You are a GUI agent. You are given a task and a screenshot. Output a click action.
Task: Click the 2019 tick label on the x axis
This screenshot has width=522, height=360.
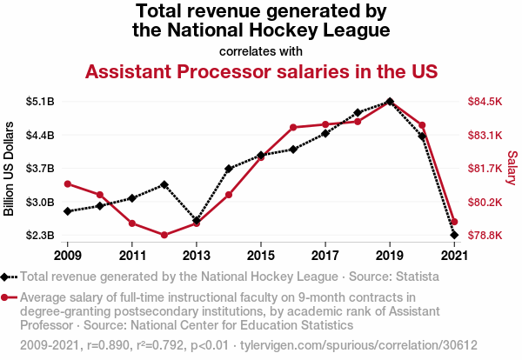coord(389,256)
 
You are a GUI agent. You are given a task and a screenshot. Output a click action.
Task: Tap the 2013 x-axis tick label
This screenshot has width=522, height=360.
coord(197,256)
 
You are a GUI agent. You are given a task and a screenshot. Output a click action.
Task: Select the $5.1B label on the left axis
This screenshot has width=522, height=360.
coord(41,102)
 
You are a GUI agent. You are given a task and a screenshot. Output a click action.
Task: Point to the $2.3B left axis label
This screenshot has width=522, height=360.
coord(41,236)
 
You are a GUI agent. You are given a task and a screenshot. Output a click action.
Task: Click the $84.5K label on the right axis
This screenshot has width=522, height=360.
coord(485,102)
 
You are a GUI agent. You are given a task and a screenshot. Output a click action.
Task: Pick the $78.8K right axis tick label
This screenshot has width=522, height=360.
coord(485,236)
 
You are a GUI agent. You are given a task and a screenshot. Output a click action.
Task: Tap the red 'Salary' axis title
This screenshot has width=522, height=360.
coord(512,168)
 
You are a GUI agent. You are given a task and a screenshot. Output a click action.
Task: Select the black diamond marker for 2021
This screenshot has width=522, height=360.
coord(454,235)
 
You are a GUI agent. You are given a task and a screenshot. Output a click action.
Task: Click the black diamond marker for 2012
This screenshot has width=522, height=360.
coord(164,184)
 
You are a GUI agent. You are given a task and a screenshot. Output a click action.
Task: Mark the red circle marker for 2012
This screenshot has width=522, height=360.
coord(164,235)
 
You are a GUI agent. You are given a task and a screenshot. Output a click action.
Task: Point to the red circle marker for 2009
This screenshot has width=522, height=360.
coord(68,183)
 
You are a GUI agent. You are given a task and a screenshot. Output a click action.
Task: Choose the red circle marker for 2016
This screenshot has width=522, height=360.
coord(293,127)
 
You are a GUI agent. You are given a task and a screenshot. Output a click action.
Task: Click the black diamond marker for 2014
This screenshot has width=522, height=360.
coord(229,169)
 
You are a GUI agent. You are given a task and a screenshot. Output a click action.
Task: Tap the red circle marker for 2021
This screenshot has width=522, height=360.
coord(454,222)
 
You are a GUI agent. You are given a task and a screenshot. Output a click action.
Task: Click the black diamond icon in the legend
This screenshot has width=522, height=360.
coord(7,277)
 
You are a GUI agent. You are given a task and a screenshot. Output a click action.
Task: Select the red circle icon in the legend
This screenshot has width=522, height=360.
coord(7,297)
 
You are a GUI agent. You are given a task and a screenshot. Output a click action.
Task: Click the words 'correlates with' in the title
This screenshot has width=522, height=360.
coord(260,50)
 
